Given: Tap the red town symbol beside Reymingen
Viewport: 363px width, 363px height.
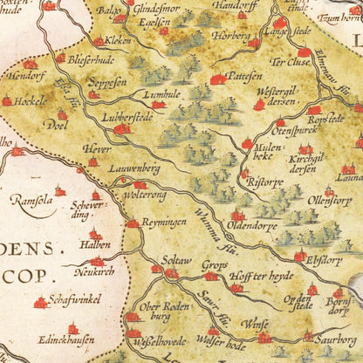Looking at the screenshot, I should coord(132,223).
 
